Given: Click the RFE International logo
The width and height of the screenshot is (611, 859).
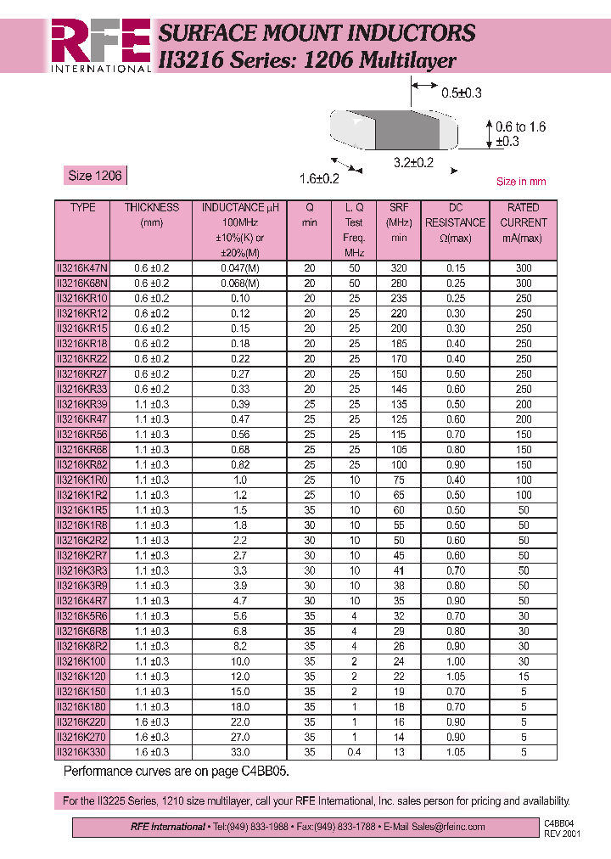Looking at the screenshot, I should click(100, 45).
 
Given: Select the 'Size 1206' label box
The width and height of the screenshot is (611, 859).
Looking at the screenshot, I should click(94, 176).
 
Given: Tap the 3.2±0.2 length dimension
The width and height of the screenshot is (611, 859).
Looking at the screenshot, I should click(413, 163).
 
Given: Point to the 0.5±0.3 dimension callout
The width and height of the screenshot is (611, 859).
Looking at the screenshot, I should click(461, 93).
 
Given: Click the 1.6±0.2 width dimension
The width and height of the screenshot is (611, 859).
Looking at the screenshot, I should click(319, 178).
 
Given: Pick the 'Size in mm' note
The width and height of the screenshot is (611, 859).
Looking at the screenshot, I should click(520, 182).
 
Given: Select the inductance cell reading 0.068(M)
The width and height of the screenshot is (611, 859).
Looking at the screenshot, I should click(239, 284).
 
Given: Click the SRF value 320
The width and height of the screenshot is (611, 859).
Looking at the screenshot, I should click(399, 268).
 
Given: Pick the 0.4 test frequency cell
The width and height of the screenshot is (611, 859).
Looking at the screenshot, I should click(354, 752).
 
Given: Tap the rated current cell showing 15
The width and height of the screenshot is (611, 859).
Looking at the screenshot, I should click(524, 677).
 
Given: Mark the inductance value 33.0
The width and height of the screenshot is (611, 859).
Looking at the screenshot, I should click(239, 752).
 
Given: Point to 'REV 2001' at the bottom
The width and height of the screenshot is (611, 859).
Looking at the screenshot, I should click(562, 834).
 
